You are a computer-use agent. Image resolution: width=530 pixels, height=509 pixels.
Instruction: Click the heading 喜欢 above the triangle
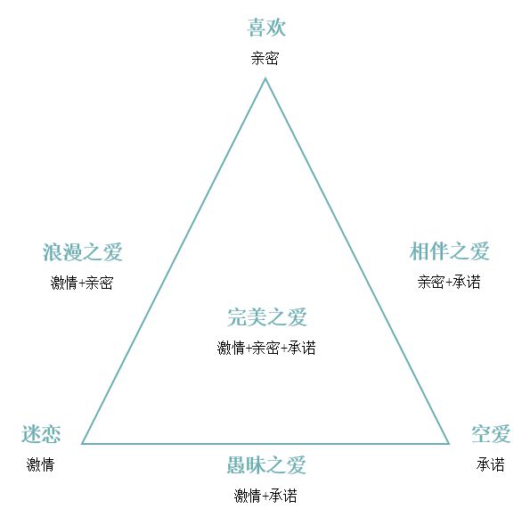266,28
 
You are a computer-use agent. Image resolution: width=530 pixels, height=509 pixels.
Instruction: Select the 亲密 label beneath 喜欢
265,58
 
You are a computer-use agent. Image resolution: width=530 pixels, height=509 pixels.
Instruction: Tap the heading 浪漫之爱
82,252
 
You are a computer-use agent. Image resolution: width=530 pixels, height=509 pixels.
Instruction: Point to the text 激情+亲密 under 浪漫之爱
82,283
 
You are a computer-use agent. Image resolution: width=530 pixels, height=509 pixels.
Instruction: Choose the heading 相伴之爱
449,251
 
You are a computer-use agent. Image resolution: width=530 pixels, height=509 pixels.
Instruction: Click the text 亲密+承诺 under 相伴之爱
449,282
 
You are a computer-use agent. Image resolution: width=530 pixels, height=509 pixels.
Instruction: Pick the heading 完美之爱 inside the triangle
266,317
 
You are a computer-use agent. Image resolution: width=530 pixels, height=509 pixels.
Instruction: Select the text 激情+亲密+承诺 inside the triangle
266,348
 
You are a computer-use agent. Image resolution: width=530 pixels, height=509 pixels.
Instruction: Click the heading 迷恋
41,434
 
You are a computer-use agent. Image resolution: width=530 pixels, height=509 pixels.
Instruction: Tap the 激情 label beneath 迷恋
41,464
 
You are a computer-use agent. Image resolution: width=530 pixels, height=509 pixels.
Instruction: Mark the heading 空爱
491,434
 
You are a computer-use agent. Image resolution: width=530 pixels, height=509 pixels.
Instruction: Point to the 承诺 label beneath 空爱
491,464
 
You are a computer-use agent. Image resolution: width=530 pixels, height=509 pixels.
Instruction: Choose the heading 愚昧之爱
266,465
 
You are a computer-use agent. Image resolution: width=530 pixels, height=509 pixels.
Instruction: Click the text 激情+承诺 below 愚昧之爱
265,497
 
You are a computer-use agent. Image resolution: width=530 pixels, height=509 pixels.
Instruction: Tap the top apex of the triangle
265,78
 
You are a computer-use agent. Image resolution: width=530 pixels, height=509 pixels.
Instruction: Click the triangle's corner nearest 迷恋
83,443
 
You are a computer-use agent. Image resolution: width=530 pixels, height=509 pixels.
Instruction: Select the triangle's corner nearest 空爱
449,443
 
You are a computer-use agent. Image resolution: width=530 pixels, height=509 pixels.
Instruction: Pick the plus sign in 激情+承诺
265,497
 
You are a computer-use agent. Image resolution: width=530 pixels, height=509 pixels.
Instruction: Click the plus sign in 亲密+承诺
449,283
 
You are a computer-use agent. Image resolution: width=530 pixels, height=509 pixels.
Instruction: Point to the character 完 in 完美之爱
237,317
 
